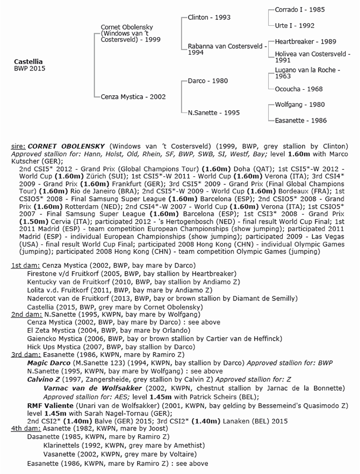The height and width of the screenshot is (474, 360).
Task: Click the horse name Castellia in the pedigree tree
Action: pos(28,62)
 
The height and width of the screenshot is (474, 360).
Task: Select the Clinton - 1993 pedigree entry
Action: pos(209,17)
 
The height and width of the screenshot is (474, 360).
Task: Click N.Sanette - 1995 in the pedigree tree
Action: pos(214,113)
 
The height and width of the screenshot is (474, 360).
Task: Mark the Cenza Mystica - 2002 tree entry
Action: pos(133,97)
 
